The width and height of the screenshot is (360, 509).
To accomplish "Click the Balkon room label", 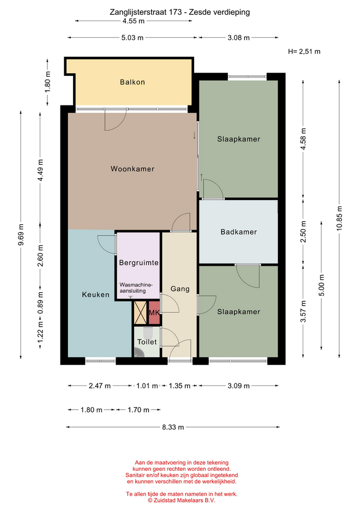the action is [x=132, y=82].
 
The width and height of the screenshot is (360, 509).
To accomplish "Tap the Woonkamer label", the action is [x=132, y=169].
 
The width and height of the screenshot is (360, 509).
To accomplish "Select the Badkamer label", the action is [x=239, y=232].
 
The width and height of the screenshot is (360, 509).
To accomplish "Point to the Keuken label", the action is [x=95, y=295].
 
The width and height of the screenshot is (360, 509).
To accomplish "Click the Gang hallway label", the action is [x=180, y=288].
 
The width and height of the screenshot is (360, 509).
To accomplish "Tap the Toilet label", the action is [x=147, y=342].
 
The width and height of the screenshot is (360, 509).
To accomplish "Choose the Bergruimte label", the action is [x=138, y=262].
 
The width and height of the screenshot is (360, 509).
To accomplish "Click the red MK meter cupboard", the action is [x=154, y=313].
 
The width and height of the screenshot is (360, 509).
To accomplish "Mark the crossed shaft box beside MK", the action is [x=141, y=313].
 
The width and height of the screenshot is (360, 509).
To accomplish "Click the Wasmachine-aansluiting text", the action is [x=136, y=288].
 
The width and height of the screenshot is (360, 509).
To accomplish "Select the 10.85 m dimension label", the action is [x=339, y=218].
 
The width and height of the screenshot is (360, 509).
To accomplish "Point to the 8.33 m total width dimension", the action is [x=173, y=427].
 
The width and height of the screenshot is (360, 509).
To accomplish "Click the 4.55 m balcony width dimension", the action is [x=134, y=21].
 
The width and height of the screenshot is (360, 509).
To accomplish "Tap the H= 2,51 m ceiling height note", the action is [x=304, y=51].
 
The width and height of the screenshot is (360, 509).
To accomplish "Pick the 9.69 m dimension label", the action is [x=21, y=235].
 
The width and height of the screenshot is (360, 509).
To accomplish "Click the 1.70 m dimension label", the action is [x=138, y=410].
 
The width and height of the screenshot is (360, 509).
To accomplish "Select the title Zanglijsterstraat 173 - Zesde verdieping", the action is [x=180, y=12].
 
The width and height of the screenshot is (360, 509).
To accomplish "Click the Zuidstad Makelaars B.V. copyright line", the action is [x=181, y=500].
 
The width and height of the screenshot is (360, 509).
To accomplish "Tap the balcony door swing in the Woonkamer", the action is [x=115, y=120].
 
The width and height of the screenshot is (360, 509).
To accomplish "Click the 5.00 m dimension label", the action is [x=322, y=285].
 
